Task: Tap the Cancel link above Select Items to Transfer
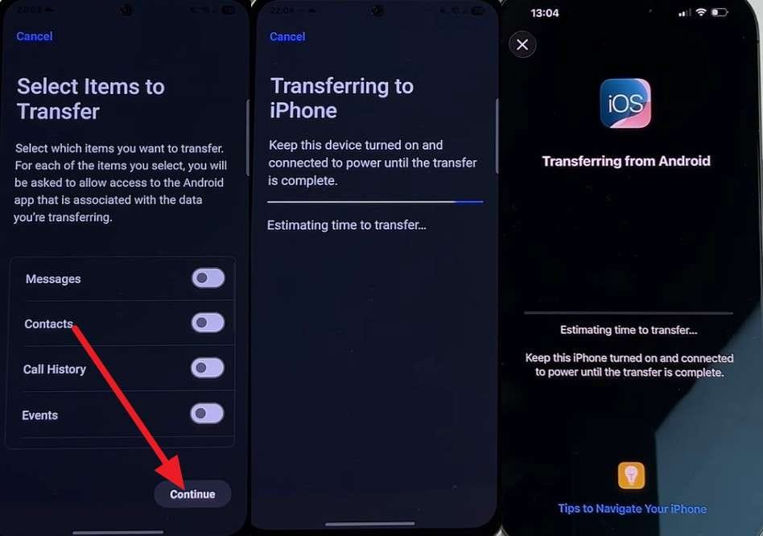(34, 36)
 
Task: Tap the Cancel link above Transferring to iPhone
(287, 36)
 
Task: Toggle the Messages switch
(208, 278)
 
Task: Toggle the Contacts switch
(208, 323)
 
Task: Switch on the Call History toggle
(208, 368)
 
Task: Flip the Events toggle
(207, 414)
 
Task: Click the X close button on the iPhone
(522, 45)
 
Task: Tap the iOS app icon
(625, 104)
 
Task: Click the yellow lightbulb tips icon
(631, 475)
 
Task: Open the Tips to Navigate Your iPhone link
(632, 509)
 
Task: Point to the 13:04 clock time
(545, 13)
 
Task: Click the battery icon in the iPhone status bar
(720, 12)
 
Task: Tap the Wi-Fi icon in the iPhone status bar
(701, 12)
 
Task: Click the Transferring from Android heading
(626, 161)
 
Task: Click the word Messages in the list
(53, 279)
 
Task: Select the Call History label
(55, 369)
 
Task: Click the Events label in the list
(40, 415)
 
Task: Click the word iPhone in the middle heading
(303, 110)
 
